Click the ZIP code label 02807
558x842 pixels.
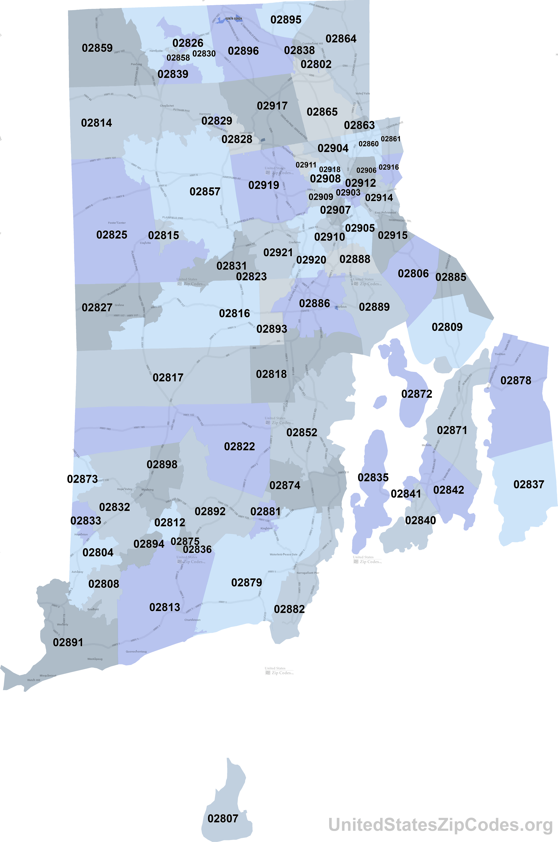tap(223, 818)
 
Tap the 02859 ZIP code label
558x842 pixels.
tap(97, 48)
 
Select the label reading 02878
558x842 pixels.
tap(516, 380)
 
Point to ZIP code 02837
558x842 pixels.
tap(529, 484)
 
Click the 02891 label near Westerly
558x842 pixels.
tap(68, 642)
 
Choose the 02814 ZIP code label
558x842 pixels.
tap(96, 123)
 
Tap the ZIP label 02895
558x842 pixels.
tap(286, 20)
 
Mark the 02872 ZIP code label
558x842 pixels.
tap(417, 394)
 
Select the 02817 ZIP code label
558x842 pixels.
tap(168, 378)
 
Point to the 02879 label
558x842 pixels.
tap(247, 583)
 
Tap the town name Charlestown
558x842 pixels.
tap(193, 620)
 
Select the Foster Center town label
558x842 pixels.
tap(117, 223)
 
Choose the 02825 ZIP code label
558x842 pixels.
tap(112, 235)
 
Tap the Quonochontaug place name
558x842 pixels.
tap(136, 652)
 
